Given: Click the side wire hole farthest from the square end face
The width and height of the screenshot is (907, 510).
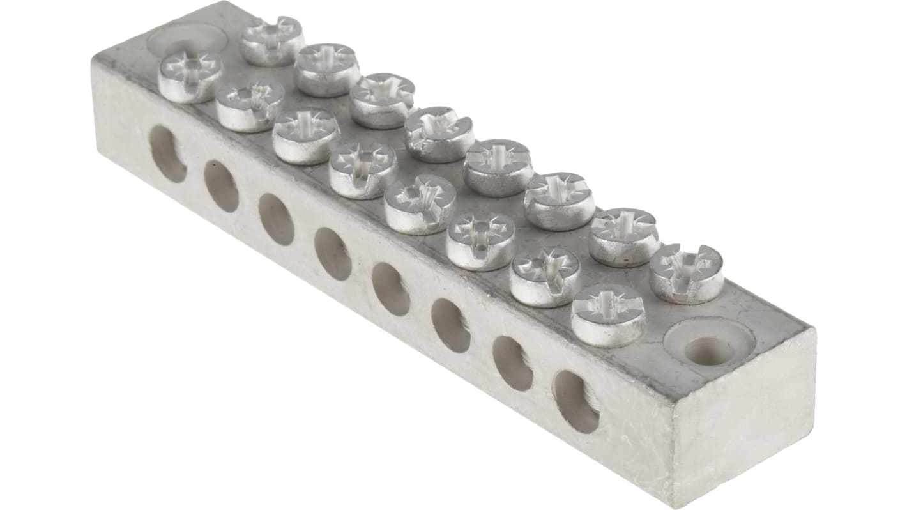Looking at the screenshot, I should (x=168, y=153).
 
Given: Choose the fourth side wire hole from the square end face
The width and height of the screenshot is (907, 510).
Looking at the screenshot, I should (x=391, y=289).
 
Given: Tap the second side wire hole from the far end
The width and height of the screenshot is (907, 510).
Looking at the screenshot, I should (x=221, y=186).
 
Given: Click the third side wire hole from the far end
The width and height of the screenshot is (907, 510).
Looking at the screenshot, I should (x=277, y=219).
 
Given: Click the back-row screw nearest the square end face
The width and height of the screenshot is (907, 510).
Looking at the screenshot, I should (x=686, y=273).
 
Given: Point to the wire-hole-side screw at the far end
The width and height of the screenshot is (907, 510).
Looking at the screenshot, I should (x=190, y=77).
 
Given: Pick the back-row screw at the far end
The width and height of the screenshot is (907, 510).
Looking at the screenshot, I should (x=272, y=41).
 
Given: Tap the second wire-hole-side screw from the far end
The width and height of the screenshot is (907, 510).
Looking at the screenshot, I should (x=249, y=105).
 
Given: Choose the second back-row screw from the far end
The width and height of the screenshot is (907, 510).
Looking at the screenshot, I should (x=327, y=69).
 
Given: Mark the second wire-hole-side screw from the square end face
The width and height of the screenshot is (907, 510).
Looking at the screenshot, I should (x=545, y=276).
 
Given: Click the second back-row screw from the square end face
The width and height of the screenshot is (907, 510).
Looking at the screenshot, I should (x=623, y=236).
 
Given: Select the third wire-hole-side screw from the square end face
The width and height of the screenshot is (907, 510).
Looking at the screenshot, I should (x=481, y=240).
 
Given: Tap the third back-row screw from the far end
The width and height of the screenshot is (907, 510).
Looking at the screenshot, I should (x=382, y=100).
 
